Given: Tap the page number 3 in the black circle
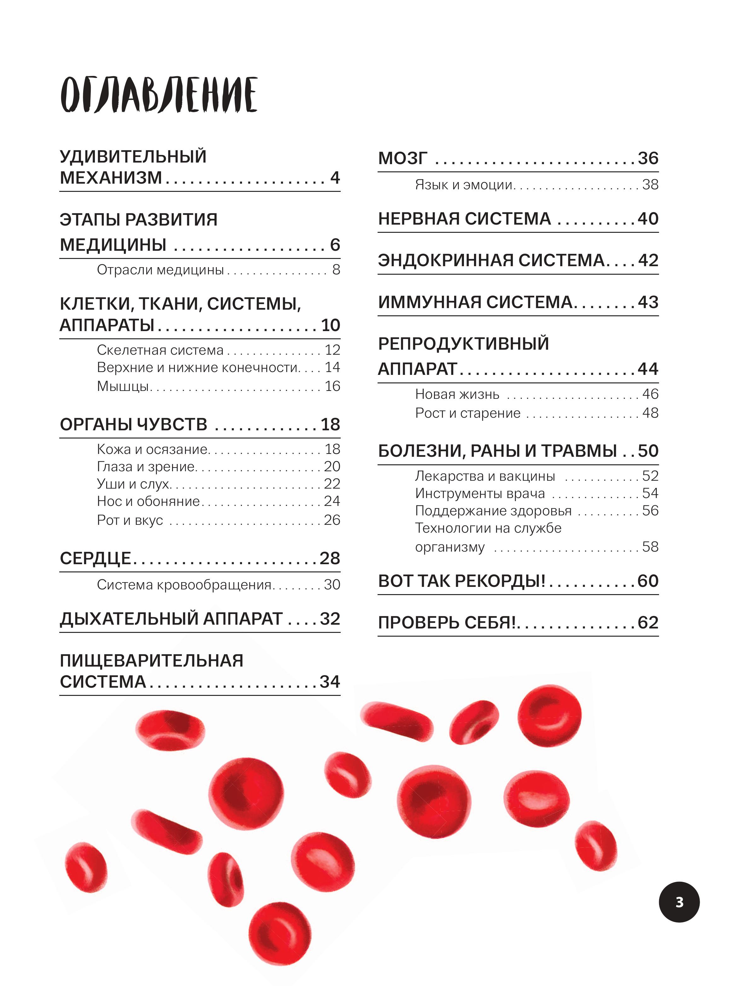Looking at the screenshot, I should [x=679, y=902].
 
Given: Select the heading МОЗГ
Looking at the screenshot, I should [x=402, y=158].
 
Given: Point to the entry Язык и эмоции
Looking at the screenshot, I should [x=464, y=185].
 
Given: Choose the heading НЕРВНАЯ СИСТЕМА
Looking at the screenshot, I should [x=464, y=219].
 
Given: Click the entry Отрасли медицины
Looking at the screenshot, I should [x=160, y=270].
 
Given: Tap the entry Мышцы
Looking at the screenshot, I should [x=123, y=386].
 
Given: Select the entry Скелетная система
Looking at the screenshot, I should [x=160, y=350].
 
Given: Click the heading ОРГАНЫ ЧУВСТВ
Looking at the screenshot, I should [x=133, y=424].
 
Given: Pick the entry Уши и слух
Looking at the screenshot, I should [x=133, y=484].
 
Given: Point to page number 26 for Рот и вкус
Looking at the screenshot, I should [x=332, y=520].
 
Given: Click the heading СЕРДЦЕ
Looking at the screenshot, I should [x=95, y=558].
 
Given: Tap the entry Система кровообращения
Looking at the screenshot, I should [x=184, y=585].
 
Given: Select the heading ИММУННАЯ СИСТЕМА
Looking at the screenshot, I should [x=475, y=302].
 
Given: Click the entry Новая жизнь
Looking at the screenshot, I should [x=457, y=394].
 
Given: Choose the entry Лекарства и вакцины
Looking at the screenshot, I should [x=485, y=476].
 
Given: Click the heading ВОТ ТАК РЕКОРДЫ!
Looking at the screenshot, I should [x=461, y=581].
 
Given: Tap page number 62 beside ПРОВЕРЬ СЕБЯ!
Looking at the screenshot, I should [x=648, y=623].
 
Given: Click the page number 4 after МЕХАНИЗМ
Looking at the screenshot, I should [x=335, y=178].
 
